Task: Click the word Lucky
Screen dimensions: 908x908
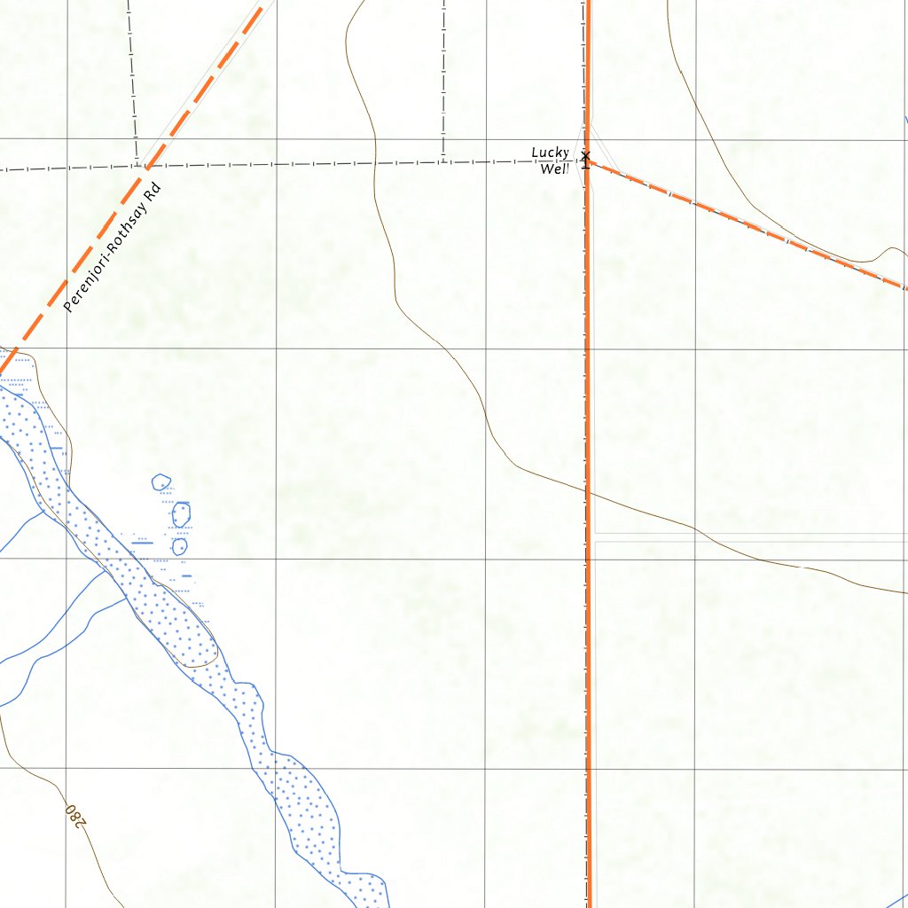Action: tap(550, 153)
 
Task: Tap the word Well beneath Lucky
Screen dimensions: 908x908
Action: tap(553, 168)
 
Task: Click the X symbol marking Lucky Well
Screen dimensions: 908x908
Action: tap(585, 156)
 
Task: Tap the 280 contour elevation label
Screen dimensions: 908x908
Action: tap(76, 813)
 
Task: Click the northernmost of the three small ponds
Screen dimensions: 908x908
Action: tap(160, 482)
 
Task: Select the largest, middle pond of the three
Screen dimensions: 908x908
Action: tap(181, 513)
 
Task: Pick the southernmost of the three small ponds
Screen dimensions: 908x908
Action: tap(179, 546)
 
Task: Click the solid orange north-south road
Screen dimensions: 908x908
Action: tap(587, 709)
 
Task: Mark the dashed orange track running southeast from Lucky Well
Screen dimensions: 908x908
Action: tap(745, 224)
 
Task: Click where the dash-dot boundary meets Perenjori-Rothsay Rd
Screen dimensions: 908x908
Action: tap(147, 166)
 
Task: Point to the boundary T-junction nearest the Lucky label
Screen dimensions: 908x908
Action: tap(443, 162)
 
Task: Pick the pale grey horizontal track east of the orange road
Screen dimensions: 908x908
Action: tap(754, 537)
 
